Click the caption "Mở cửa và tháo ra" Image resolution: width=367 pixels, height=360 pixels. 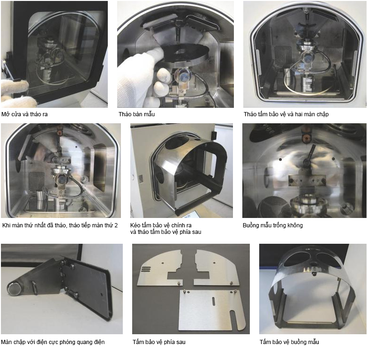(24, 114)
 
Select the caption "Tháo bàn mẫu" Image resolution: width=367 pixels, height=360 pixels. (137, 114)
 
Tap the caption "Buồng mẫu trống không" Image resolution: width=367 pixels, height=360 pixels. (273, 225)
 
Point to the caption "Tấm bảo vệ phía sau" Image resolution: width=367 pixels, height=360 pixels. (159, 342)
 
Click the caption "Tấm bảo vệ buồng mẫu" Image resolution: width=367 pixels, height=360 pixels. (289, 342)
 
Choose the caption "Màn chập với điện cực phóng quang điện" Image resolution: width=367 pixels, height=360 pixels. (52, 342)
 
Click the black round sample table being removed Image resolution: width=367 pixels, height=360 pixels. (185, 54)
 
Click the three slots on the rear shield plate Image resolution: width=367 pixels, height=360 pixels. (146, 269)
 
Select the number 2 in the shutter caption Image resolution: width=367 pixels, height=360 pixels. (116, 225)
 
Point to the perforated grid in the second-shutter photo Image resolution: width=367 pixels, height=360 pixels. (36, 182)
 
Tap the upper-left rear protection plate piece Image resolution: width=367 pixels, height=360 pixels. (160, 268)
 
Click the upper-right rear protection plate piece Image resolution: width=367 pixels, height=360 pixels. (217, 268)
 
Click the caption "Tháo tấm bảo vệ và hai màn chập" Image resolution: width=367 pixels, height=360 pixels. (286, 114)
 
